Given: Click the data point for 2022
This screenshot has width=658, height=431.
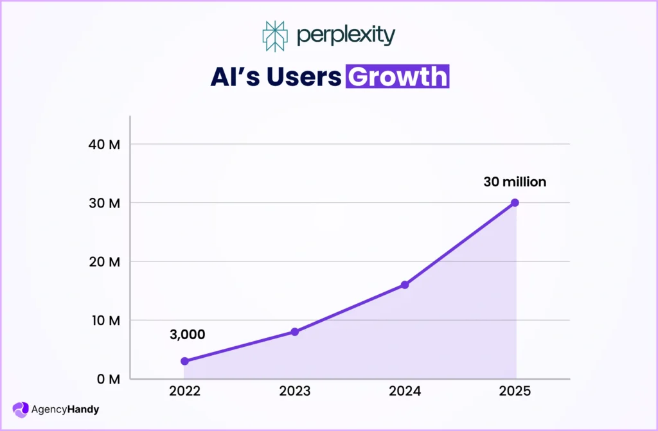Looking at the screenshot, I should tap(184, 361).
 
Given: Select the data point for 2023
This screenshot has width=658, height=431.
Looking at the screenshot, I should tap(294, 331).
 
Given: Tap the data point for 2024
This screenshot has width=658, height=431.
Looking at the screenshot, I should tap(405, 285).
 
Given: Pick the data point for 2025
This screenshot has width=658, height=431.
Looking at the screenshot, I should tap(515, 202).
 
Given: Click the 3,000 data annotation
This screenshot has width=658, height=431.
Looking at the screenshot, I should tap(187, 334).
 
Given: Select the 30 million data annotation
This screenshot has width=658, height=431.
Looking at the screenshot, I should tap(515, 182).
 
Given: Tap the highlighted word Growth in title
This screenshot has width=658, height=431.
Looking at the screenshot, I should tap(397, 76).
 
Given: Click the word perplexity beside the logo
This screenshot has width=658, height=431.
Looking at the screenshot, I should tap(345, 36).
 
